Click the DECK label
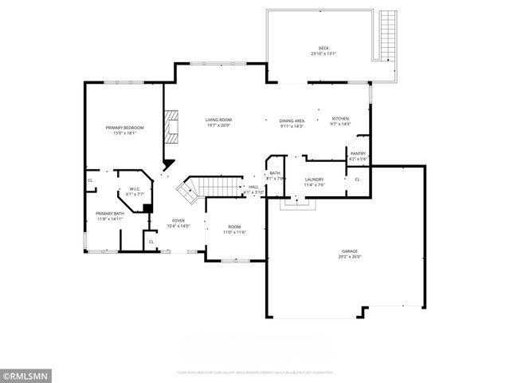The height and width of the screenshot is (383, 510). click(324, 49)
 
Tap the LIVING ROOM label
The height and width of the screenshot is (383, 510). click(218, 120)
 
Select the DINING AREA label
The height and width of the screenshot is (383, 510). click(292, 120)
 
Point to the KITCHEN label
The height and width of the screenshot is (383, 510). click(340, 119)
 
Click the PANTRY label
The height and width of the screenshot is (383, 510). click(358, 154)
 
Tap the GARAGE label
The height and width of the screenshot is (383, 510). click(350, 251)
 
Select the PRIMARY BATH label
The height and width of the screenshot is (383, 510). click(110, 214)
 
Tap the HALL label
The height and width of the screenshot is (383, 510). click(253, 187)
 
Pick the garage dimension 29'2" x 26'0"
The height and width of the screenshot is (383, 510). click(350, 257)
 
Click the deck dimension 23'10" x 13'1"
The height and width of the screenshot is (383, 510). click(324, 54)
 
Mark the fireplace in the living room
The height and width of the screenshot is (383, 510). click(171, 127)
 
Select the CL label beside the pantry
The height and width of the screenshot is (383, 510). click(357, 179)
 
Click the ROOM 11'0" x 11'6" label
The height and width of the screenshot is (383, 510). click(234, 229)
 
